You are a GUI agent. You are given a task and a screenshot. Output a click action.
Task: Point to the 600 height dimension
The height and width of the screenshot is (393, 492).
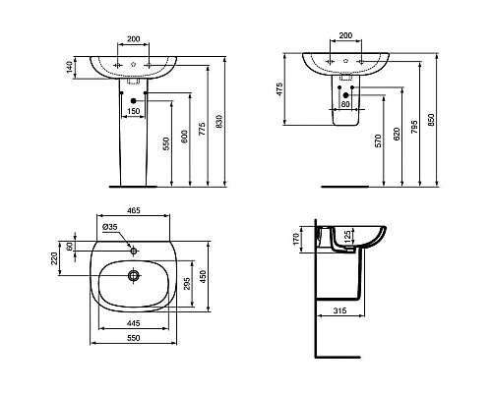click(x=185, y=140)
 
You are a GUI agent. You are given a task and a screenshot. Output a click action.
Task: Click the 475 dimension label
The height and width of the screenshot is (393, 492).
click(x=280, y=90)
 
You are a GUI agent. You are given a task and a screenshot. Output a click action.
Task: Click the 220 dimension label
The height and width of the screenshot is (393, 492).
click(x=55, y=260)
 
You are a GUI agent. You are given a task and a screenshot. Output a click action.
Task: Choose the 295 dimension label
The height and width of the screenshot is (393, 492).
click(x=186, y=284)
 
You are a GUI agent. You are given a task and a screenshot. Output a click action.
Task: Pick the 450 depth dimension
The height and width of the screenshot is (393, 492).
click(x=205, y=277)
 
